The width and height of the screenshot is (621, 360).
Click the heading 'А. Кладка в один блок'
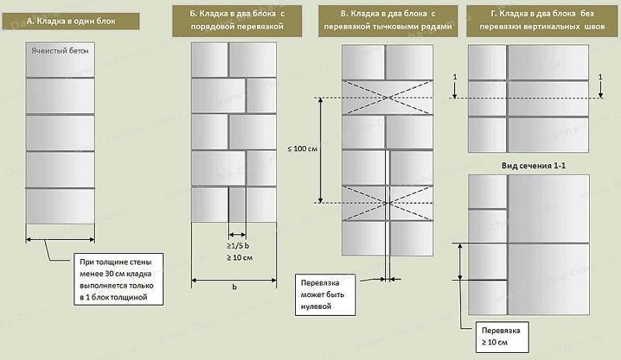click(71, 21)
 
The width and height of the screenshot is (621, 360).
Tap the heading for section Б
click(237, 20)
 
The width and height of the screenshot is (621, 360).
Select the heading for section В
click(387, 20)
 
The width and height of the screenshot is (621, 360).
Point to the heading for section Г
click(542, 20)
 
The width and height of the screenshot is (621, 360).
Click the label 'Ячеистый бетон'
click(60, 50)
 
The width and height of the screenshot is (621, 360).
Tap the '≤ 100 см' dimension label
click(303, 149)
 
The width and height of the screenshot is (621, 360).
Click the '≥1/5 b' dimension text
click(238, 246)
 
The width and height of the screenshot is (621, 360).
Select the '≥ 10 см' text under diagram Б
click(239, 258)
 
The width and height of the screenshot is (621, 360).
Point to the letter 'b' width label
click(234, 287)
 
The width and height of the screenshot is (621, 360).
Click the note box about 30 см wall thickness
click(119, 279)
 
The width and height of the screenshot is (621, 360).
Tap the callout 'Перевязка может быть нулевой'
click(325, 294)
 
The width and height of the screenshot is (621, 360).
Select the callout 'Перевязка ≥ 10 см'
click(502, 337)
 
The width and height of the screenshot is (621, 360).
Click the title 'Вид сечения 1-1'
click(533, 165)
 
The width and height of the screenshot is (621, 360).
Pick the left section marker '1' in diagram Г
click(455, 77)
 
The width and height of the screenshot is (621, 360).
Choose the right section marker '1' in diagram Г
click(600, 77)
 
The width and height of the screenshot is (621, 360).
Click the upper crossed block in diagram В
click(387, 98)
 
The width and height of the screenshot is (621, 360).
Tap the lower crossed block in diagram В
click(387, 203)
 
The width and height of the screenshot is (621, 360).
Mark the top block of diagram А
click(61, 60)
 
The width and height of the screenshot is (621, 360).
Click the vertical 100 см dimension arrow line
click(321, 150)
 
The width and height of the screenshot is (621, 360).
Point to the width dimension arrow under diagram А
click(61, 239)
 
